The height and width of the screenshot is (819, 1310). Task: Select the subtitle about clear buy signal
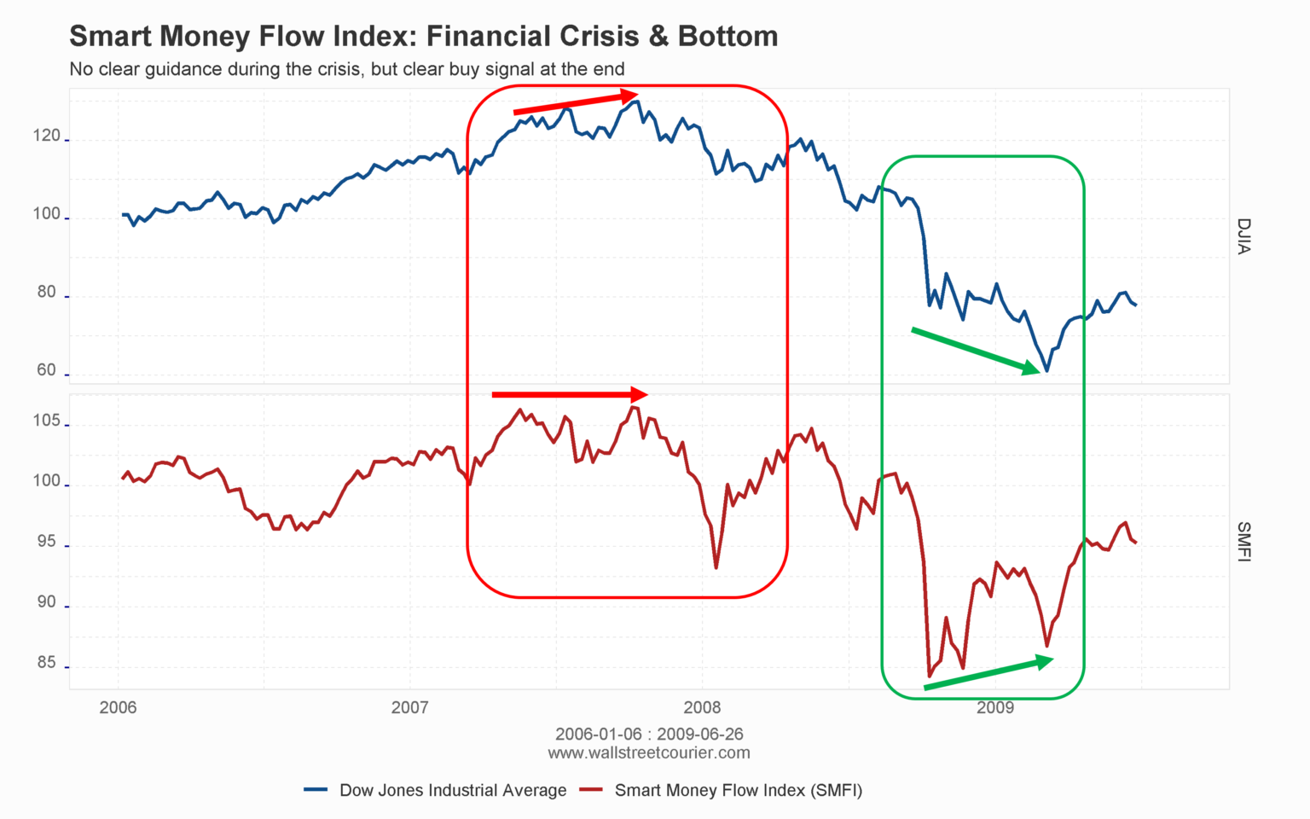[346, 69]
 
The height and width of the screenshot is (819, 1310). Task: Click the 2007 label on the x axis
[409, 707]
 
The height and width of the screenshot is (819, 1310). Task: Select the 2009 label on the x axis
[994, 707]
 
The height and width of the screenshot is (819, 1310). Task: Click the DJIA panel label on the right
[1243, 236]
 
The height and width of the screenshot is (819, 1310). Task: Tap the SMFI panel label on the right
[1243, 542]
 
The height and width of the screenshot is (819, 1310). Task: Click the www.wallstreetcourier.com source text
[649, 753]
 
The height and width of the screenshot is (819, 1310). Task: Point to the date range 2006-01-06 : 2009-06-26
[649, 735]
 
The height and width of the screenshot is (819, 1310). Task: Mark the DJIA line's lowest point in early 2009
[1046, 371]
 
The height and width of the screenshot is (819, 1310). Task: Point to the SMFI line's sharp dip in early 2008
[716, 567]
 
